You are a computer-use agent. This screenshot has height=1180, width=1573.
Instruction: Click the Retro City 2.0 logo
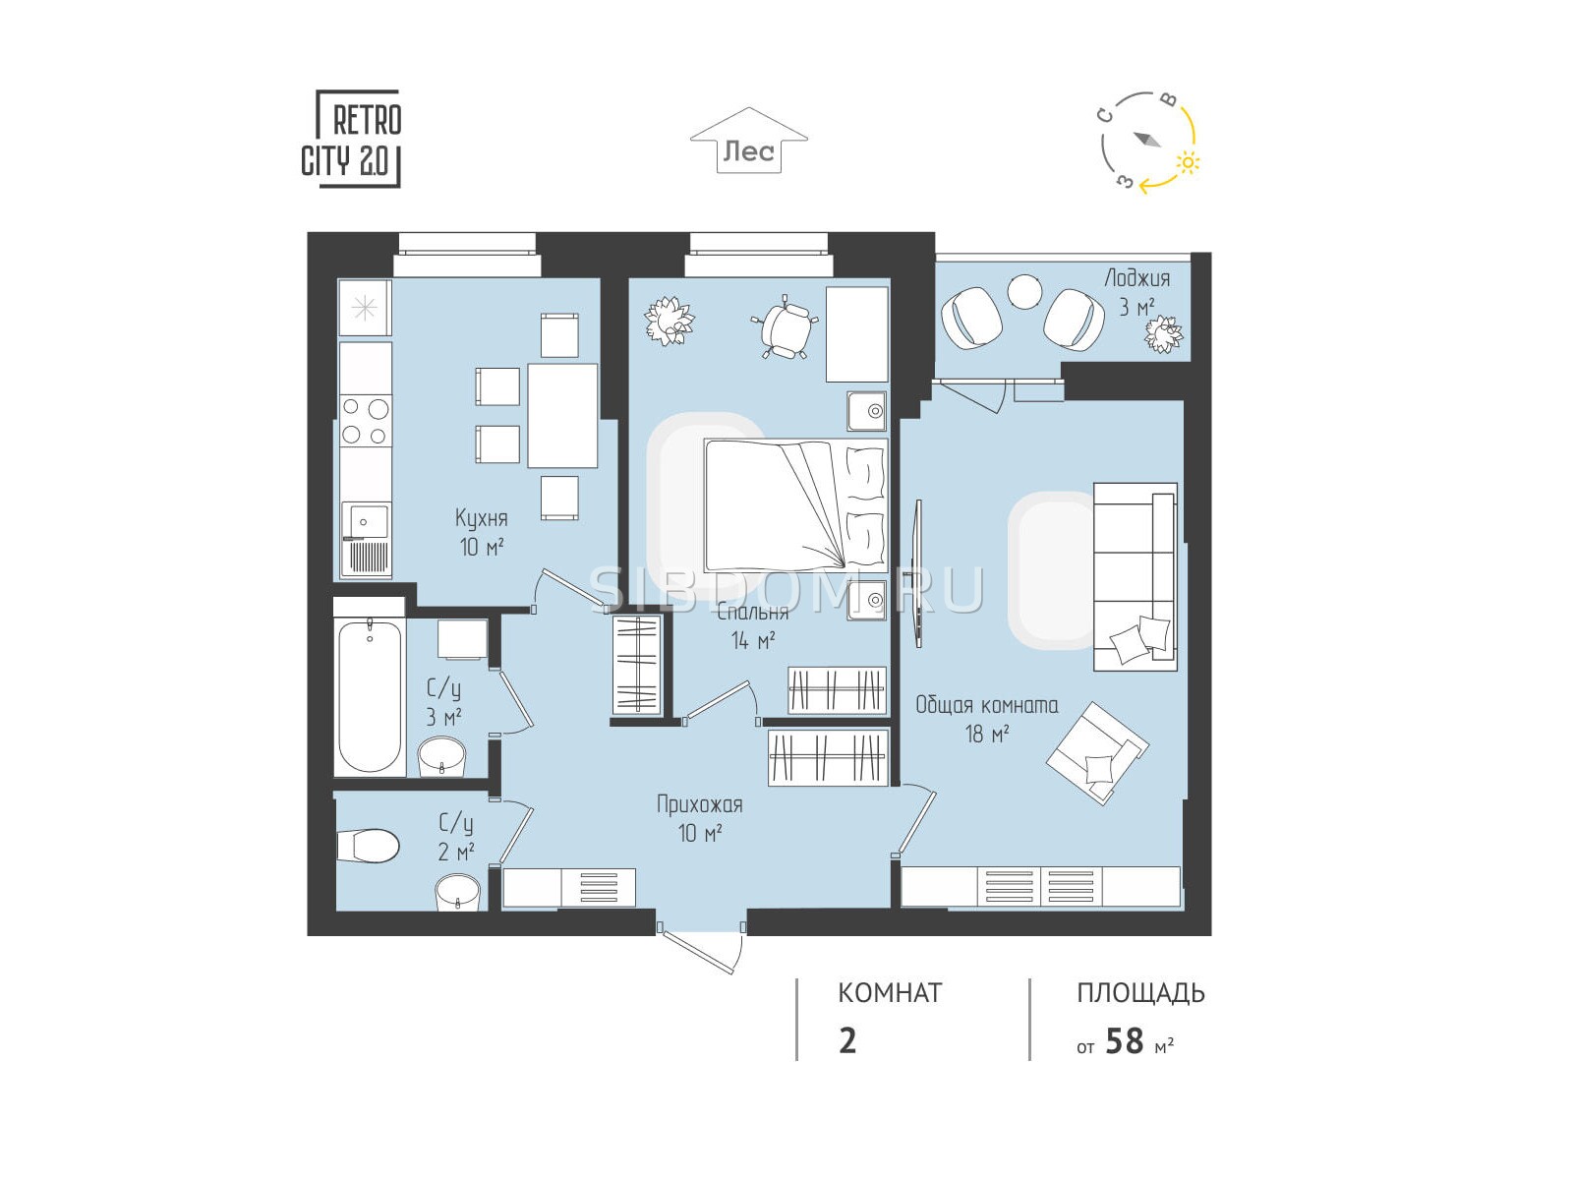point(351,139)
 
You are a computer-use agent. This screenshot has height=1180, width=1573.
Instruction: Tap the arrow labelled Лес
point(749,141)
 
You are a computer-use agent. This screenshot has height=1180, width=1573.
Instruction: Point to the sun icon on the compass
point(1188,163)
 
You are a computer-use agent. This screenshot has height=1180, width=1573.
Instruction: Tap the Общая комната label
point(987,705)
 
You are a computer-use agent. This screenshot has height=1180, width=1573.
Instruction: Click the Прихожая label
point(699,804)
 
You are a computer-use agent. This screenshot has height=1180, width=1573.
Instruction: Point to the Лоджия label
point(1137,278)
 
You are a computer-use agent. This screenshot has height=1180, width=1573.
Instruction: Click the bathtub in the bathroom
point(370,697)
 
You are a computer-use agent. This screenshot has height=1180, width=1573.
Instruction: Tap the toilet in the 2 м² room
point(367,847)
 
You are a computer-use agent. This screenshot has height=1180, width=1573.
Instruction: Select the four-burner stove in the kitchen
point(366,421)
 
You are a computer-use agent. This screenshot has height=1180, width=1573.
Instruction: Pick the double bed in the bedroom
point(795,505)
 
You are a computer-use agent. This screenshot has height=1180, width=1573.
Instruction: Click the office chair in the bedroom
point(784,326)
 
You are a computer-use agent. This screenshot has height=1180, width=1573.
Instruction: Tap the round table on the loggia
point(1024,292)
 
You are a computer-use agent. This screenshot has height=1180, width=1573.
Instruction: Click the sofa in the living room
point(1136,577)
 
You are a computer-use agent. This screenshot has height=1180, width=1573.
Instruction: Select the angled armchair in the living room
point(1096,753)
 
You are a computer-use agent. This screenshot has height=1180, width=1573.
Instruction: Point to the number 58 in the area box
point(1125,1041)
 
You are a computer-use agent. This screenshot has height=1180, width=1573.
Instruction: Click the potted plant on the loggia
point(1163,334)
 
